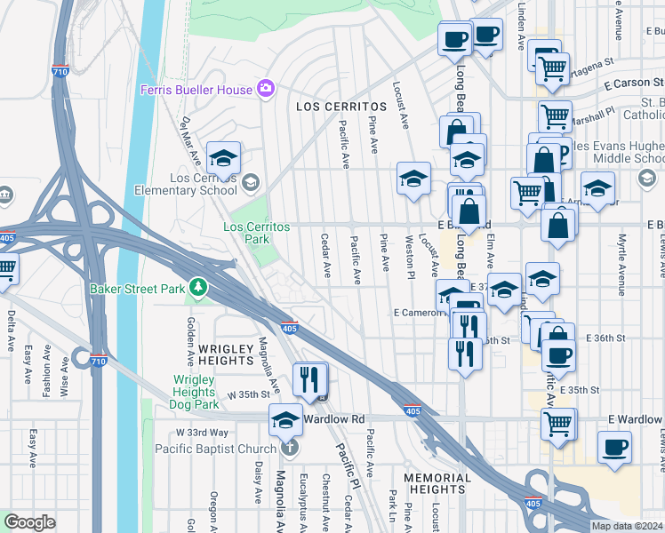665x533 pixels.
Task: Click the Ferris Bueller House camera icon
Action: tap(264, 88)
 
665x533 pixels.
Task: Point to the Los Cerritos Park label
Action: tap(256, 233)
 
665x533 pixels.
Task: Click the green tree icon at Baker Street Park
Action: tap(203, 288)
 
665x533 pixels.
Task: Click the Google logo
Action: tap(28, 522)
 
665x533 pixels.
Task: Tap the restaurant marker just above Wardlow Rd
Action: tap(309, 379)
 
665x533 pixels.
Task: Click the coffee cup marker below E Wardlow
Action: tap(613, 446)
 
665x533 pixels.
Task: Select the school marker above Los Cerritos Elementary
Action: tap(223, 158)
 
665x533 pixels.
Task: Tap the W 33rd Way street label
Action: tap(202, 433)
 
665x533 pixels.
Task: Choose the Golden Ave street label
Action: tap(190, 342)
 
